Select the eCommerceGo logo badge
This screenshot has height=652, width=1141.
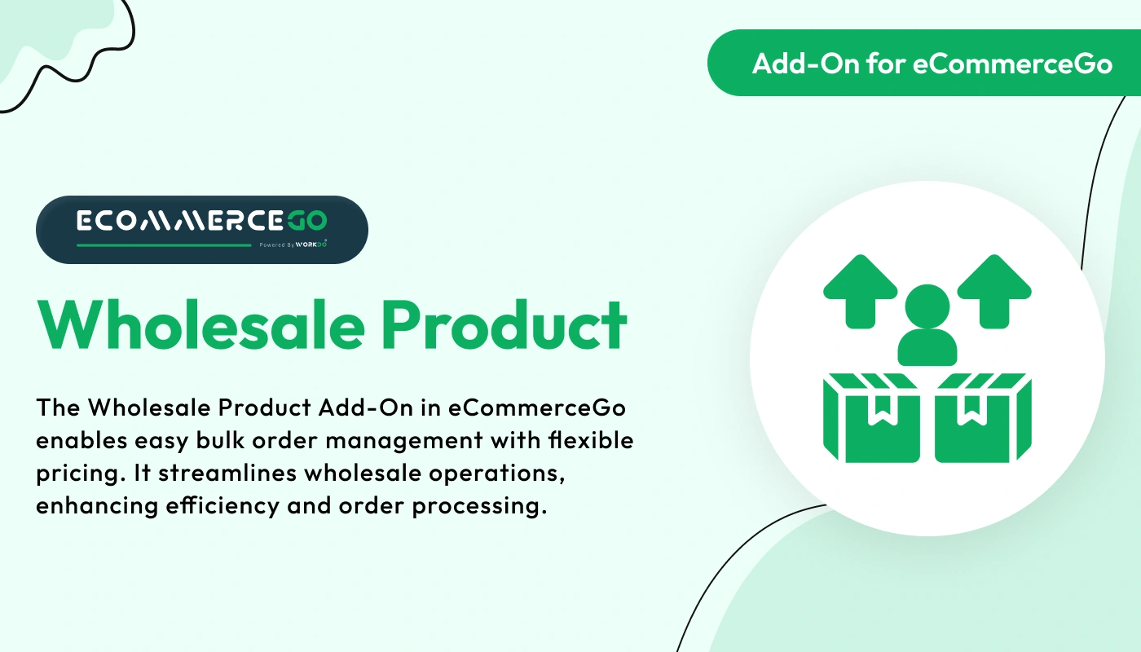[202, 229]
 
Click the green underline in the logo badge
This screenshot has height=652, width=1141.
[164, 244]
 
